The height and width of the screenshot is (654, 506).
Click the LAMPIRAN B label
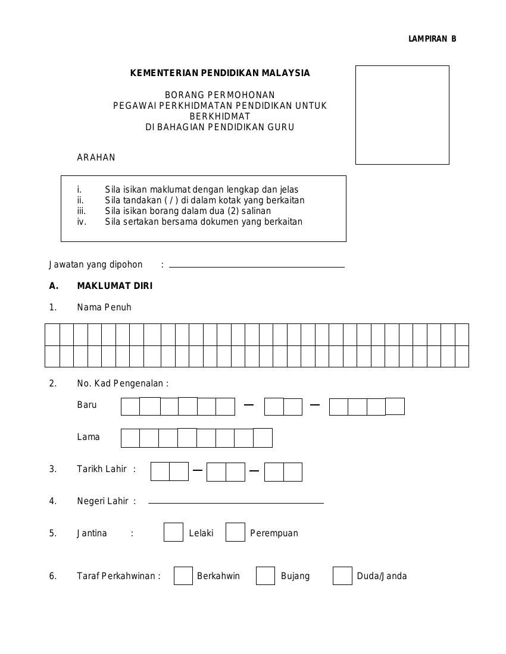coord(432,39)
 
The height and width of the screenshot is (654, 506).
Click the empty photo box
coord(402,115)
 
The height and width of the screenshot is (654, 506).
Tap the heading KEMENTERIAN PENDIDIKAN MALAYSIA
coord(220,73)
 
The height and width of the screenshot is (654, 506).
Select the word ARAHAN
coord(96,158)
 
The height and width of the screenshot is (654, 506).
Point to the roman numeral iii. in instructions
coord(82,211)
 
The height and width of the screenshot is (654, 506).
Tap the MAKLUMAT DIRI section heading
coord(114,286)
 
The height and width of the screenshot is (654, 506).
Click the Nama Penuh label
coord(104,307)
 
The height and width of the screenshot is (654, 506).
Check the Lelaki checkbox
coord(173,532)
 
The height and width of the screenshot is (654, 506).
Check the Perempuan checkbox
coord(235,532)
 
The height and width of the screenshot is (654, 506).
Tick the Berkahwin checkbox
coord(183,576)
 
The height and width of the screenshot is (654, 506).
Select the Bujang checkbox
coord(266,576)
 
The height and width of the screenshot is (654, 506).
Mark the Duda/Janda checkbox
coord(342,576)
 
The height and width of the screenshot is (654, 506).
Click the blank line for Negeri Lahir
coord(236,502)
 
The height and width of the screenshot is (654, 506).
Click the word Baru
coord(87,405)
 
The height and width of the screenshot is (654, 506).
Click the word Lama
coord(89,437)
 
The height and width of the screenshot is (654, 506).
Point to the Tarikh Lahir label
coord(102,469)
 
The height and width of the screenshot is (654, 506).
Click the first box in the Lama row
coord(130,438)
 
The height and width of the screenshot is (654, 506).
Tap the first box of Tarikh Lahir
coord(160,471)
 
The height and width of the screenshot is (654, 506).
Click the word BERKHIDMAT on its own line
coord(220,117)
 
